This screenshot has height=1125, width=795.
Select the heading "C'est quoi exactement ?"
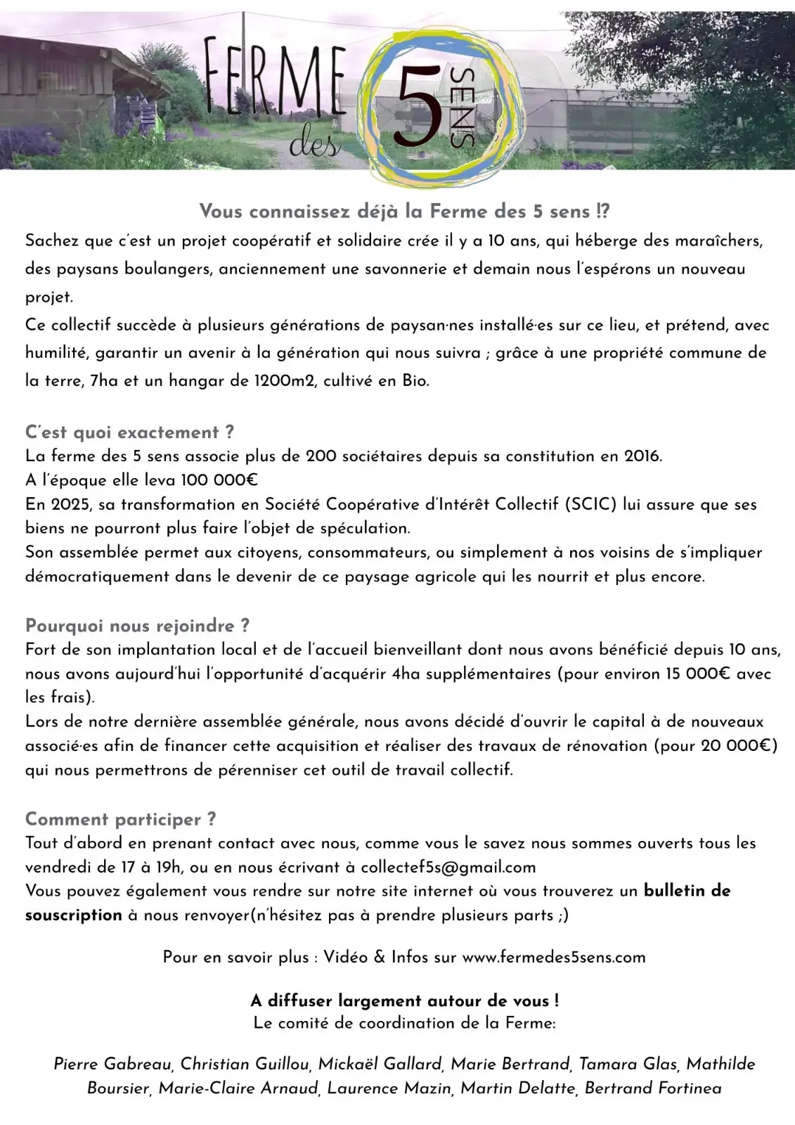coord(129,432)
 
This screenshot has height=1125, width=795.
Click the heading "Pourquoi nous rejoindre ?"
coord(137,625)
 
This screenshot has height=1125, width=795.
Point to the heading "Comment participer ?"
coord(120,818)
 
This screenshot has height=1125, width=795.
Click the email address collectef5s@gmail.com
coord(448,867)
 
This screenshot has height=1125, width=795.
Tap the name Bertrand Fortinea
coord(653,1088)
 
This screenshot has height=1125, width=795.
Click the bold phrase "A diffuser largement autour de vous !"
coord(405,1001)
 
